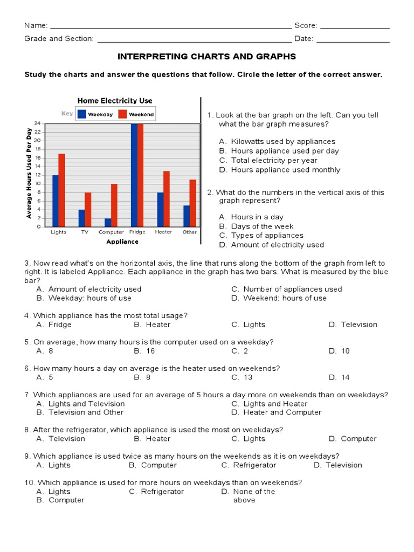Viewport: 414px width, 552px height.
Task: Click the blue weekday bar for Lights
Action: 56,201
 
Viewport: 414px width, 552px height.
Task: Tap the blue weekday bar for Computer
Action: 108,222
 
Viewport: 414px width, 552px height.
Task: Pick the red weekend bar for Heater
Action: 167,198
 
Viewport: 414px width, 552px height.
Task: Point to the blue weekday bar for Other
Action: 186,216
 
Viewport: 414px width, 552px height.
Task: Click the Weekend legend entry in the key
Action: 137,114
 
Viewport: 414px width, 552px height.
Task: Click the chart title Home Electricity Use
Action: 115,101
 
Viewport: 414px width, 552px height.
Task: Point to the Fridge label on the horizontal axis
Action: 137,232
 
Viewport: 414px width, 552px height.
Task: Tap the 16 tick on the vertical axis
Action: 38,157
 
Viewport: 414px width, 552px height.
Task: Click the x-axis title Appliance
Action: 122,242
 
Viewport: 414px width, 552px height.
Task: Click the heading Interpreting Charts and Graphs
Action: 206,57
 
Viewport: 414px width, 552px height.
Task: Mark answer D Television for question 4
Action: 353,325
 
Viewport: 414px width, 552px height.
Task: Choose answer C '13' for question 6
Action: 242,377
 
